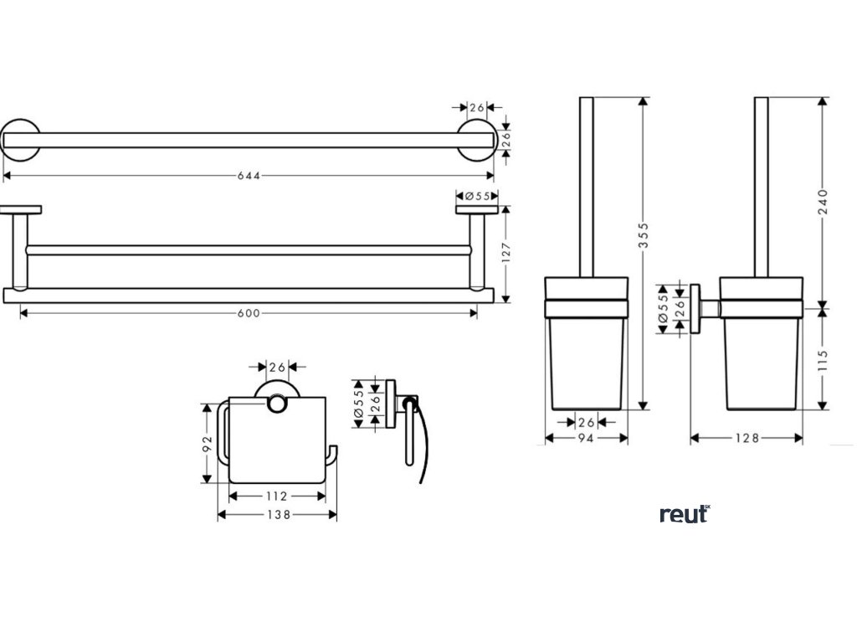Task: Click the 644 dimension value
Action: (x=249, y=176)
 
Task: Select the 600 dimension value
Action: (x=249, y=313)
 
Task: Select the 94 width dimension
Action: (x=586, y=439)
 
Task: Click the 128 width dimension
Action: (x=747, y=439)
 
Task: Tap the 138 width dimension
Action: (x=277, y=516)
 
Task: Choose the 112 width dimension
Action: (x=277, y=496)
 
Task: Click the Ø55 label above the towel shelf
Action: (x=476, y=196)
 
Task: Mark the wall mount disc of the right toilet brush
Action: (x=695, y=307)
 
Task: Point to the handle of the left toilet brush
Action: (x=586, y=184)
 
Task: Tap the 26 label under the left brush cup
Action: (x=586, y=422)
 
